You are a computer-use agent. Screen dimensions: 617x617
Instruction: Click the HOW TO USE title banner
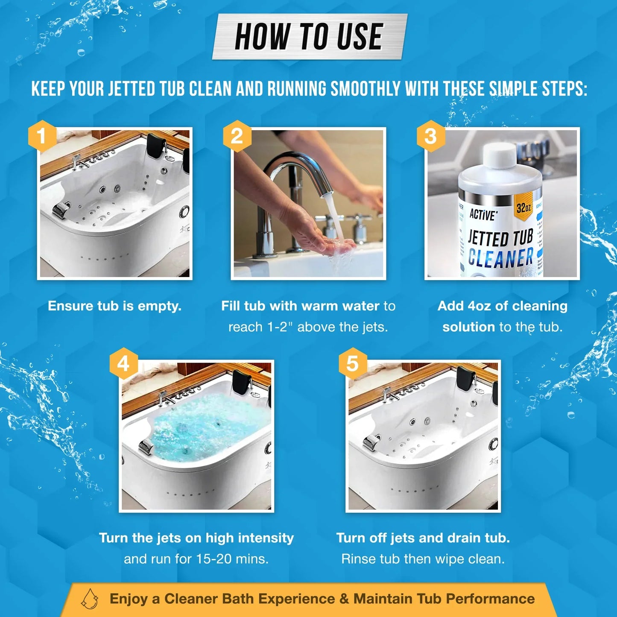[309, 37]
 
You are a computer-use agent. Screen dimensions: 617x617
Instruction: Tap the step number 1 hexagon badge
[41, 136]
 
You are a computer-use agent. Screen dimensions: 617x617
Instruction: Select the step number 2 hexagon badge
[237, 136]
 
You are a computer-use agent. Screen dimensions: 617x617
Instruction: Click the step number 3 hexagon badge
[430, 136]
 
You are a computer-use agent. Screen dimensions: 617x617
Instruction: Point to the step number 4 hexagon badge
[123, 364]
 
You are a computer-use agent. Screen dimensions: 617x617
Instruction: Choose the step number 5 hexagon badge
[352, 364]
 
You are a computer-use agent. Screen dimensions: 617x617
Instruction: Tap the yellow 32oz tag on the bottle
[523, 207]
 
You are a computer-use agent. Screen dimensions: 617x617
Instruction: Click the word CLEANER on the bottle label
[500, 257]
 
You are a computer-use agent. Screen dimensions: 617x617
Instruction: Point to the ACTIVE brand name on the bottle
[483, 214]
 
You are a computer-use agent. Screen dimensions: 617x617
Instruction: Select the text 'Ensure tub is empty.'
[114, 306]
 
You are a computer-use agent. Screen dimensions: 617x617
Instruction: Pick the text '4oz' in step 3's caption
[479, 306]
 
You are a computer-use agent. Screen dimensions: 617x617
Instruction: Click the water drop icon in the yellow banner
[90, 599]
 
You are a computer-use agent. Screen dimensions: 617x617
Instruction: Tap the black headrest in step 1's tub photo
[157, 146]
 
